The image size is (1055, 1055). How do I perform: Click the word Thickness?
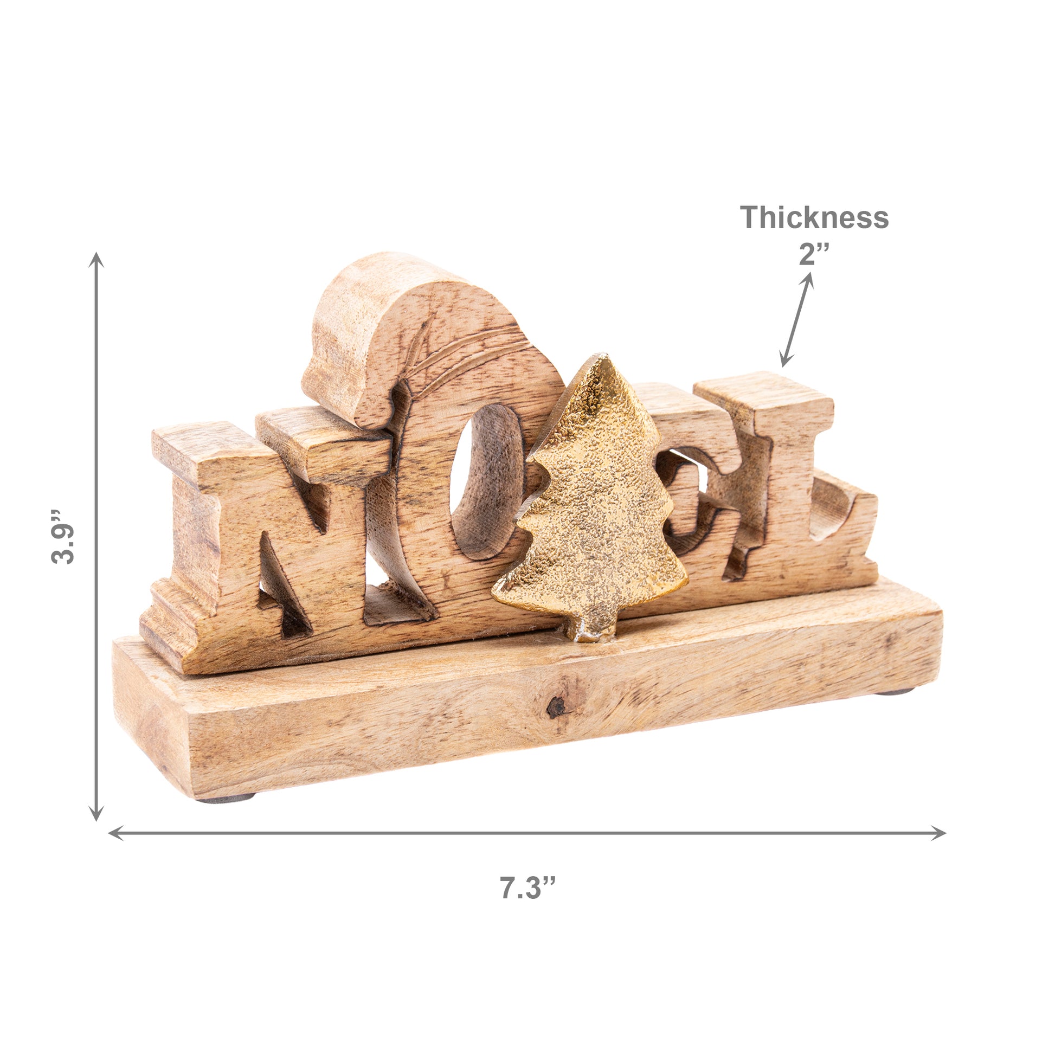click(814, 217)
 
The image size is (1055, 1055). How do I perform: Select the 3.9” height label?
click(62, 537)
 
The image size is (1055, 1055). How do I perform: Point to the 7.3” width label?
click(527, 887)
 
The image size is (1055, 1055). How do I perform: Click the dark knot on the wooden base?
click(556, 707)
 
